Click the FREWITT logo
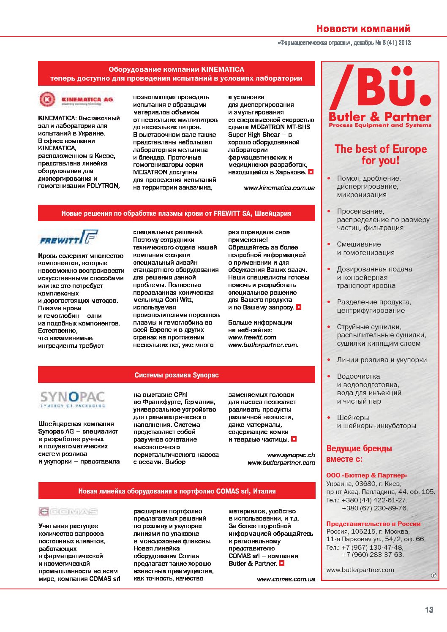[x=68, y=238]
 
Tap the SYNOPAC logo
[x=72, y=399]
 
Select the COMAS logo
[x=68, y=512]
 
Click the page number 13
[x=429, y=610]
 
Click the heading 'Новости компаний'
[x=363, y=29]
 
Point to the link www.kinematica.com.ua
[x=279, y=188]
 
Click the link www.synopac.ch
[x=291, y=455]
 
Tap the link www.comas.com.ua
[x=286, y=579]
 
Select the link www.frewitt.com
[x=252, y=337]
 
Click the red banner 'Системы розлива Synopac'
[x=177, y=375]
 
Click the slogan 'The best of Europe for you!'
[x=380, y=155]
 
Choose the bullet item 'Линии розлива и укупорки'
[x=382, y=360]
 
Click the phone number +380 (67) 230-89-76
[x=375, y=508]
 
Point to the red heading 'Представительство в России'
[x=373, y=524]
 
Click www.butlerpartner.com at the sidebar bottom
[x=360, y=570]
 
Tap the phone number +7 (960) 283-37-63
[x=373, y=554]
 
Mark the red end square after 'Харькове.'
[x=311, y=172]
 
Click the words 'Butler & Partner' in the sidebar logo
[x=380, y=117]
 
